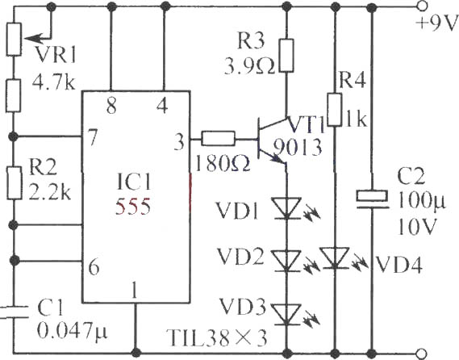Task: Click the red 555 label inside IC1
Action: [x=133, y=207]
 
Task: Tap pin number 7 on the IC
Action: [x=92, y=137]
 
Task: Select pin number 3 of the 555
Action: [x=179, y=142]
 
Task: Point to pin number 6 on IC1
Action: [x=94, y=267]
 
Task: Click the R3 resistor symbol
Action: [x=286, y=56]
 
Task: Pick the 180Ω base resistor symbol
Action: [x=218, y=139]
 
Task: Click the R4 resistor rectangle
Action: [x=335, y=110]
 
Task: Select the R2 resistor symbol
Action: [x=14, y=183]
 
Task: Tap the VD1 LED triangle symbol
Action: [x=286, y=208]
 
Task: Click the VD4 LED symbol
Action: [x=335, y=257]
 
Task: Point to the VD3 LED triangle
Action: [x=286, y=314]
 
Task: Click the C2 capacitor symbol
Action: [x=372, y=199]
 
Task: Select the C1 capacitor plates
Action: [x=14, y=312]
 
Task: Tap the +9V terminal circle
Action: [x=422, y=6]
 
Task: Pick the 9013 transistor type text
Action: [x=298, y=147]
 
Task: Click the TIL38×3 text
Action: [x=217, y=337]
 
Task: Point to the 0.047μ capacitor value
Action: [x=73, y=331]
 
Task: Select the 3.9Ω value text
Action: [x=250, y=65]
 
